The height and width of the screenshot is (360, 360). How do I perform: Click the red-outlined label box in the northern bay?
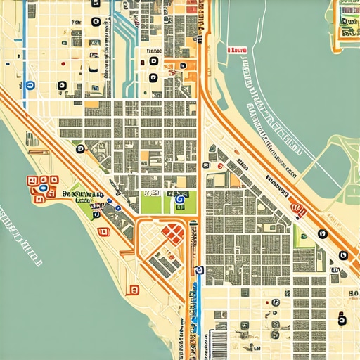[238, 51]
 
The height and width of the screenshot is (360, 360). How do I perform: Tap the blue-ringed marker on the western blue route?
[30, 86]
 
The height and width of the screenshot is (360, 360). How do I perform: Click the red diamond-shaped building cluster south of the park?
[172, 233]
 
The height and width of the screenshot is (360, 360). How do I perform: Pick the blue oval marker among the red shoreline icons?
[44, 188]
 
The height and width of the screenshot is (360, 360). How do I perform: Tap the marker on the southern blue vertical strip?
[200, 270]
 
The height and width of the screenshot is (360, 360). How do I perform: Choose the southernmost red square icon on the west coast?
[132, 288]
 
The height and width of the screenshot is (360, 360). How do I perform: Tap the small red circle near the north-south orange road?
[220, 166]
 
